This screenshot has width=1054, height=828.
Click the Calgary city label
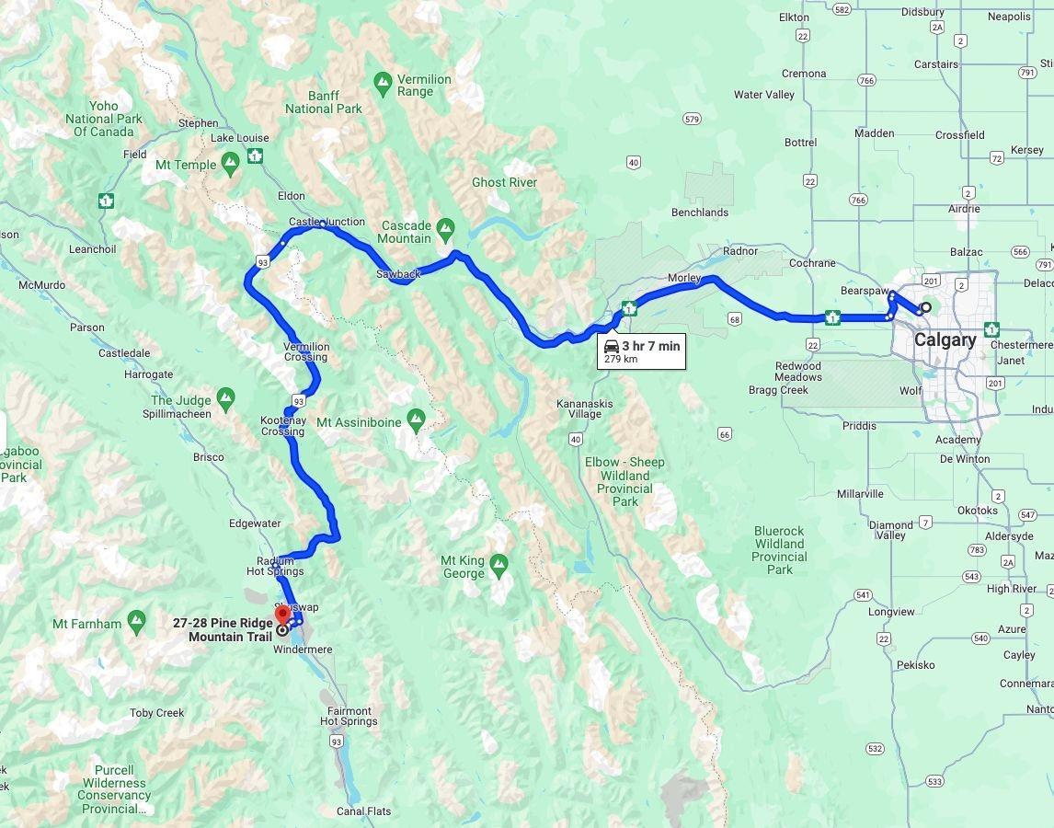tap(945, 340)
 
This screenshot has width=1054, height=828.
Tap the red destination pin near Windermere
tap(282, 615)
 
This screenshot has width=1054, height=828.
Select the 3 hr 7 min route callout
tap(642, 351)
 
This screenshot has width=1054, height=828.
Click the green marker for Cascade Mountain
tap(446, 226)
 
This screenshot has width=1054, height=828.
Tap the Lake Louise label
tap(239, 138)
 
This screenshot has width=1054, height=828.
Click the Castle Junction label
tap(327, 222)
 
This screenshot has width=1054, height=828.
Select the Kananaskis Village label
tap(585, 408)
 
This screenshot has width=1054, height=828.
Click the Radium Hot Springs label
tap(275, 566)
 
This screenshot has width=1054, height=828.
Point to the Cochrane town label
tap(812, 263)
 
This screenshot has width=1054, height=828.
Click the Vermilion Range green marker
tap(384, 84)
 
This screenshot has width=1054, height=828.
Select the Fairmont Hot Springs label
tap(349, 716)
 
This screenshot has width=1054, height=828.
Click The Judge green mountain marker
tap(226, 398)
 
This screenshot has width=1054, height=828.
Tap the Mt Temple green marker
tap(230, 163)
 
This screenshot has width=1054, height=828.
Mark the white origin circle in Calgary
tap(926, 308)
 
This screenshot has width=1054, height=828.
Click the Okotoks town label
tap(977, 511)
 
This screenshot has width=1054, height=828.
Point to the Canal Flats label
tap(363, 811)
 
